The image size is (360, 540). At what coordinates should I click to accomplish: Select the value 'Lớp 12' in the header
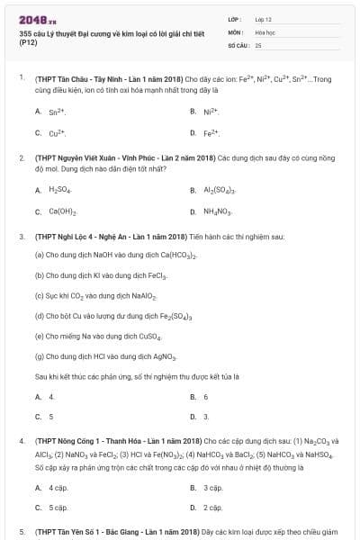263,19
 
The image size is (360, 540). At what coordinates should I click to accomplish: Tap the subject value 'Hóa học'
265,31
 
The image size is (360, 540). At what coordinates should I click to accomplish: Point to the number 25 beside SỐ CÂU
258,44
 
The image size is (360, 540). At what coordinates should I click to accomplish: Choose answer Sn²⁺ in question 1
57,112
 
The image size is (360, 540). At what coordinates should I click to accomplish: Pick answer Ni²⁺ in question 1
211,112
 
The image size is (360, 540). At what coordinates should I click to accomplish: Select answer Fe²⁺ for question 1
211,133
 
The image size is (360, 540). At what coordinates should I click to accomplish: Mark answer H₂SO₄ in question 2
59,191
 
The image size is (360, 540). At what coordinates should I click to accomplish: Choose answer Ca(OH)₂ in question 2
62,212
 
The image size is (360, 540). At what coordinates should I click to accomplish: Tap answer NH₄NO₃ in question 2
217,212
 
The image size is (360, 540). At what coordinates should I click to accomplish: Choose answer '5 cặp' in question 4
58,508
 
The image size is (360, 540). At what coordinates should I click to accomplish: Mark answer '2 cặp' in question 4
212,508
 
